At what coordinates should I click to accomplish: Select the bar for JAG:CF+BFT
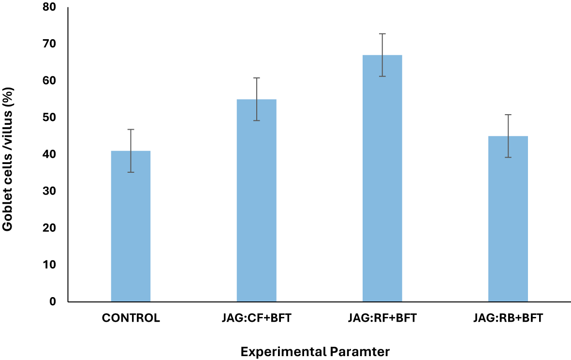coord(256,200)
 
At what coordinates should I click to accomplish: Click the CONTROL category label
coord(131,318)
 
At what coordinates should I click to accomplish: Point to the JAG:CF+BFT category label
coord(256,318)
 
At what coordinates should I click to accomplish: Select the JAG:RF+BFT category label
coord(382,318)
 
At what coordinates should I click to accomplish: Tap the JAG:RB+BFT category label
coord(508,318)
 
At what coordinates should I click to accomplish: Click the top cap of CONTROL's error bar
coord(131,129)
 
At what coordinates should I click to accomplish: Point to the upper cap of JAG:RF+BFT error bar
coord(382,34)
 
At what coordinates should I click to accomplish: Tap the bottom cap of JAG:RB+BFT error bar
coord(508,157)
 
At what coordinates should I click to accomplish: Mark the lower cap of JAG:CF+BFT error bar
coord(256,120)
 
